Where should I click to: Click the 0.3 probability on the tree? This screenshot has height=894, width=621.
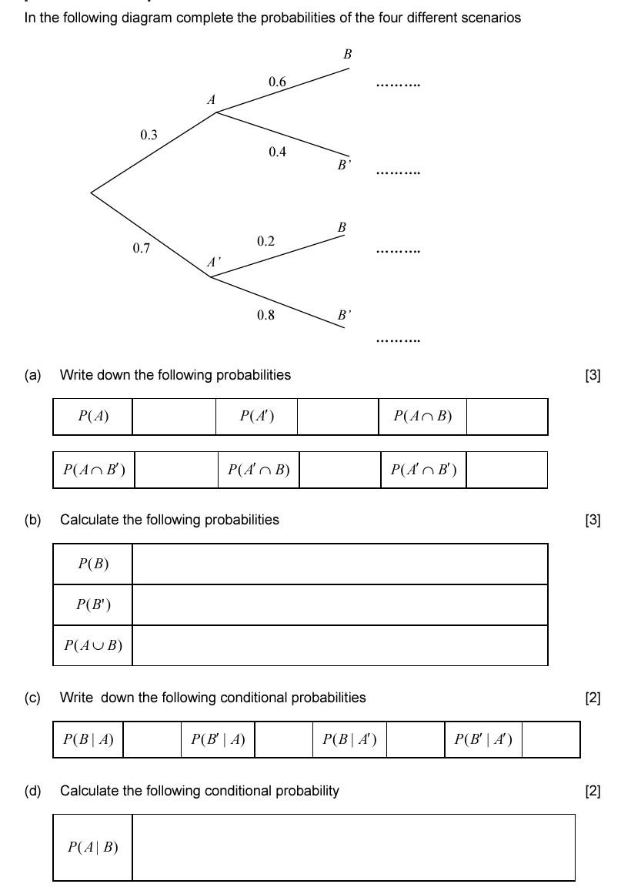149,135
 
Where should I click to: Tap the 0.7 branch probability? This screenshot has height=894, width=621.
141,249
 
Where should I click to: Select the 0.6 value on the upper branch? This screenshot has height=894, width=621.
277,82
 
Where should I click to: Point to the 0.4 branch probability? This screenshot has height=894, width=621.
277,152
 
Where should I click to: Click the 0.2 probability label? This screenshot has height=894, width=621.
265,242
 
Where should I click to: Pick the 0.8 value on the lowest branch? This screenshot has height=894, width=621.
265,315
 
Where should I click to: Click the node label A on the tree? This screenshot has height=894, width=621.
212,100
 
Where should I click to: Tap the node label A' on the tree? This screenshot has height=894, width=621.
213,263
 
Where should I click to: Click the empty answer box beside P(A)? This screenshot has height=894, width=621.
174,417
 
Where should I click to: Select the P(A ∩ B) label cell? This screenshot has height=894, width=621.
422,417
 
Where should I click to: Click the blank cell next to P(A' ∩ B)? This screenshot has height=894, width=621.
339,470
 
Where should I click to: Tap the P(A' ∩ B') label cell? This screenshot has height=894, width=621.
423,470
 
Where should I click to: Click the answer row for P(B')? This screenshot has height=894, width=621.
339,604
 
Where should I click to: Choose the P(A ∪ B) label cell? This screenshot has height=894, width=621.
93,645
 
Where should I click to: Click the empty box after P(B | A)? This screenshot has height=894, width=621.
152,740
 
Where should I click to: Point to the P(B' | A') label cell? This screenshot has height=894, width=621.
482,740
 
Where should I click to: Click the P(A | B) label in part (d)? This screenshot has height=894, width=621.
93,848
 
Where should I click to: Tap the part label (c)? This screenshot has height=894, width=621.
32,698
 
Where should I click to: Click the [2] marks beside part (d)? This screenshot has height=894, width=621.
593,791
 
